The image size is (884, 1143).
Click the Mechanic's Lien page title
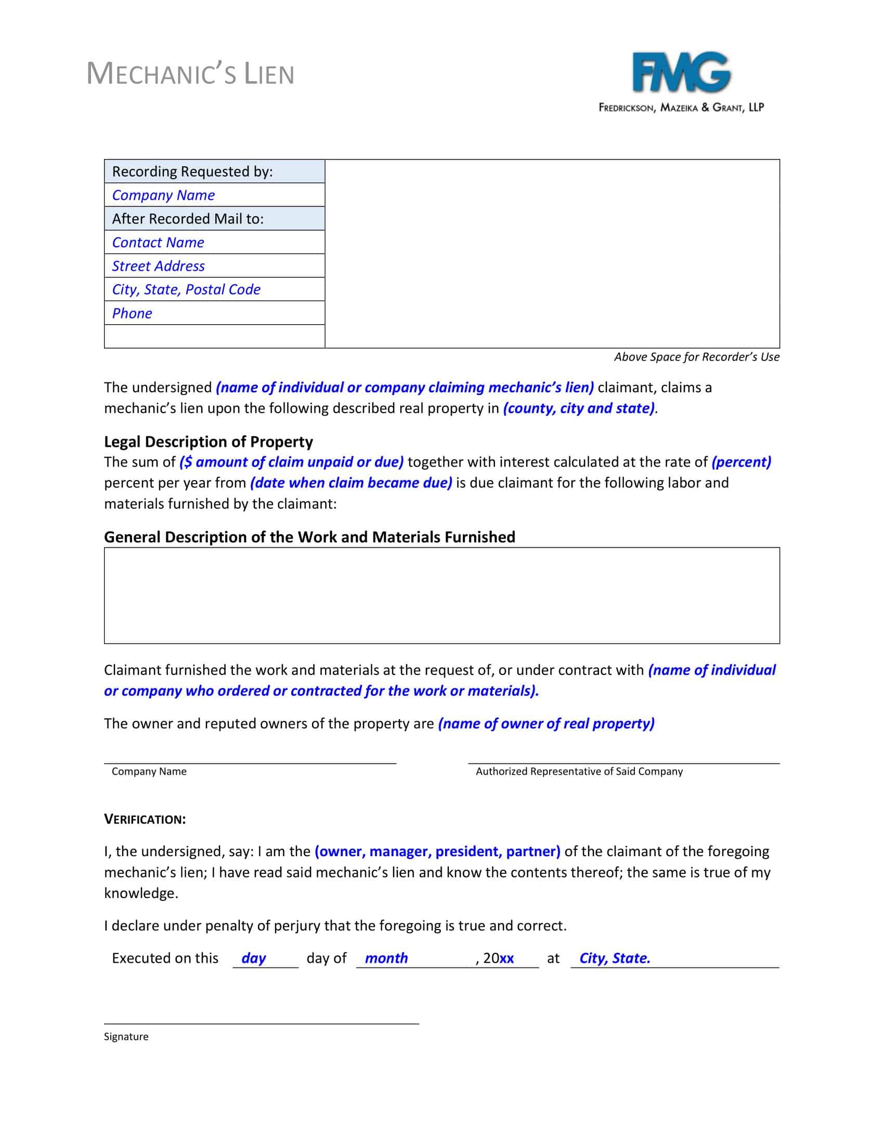[190, 74]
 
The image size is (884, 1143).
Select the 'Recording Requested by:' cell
[192, 171]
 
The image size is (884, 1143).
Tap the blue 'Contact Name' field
[158, 242]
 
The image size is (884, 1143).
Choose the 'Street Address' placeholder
[158, 266]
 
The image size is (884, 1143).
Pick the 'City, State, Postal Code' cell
[186, 289]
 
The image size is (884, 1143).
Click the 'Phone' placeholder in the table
[132, 313]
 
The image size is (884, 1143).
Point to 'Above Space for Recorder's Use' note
[696, 357]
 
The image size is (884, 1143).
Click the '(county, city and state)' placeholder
[578, 408]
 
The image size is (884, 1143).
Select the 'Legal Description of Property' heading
[208, 442]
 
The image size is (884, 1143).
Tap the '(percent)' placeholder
[740, 461]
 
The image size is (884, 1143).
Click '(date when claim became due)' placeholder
[351, 483]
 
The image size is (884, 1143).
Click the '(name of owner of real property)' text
[545, 723]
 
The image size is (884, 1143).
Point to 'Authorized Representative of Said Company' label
[579, 772]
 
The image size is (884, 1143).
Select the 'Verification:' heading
[145, 819]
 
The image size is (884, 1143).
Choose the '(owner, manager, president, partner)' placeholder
[437, 851]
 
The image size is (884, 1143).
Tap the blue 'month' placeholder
[386, 958]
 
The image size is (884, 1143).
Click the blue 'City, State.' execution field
[614, 958]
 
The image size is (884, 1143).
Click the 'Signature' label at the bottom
[126, 1037]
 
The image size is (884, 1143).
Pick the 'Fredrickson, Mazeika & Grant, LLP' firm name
[681, 108]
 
